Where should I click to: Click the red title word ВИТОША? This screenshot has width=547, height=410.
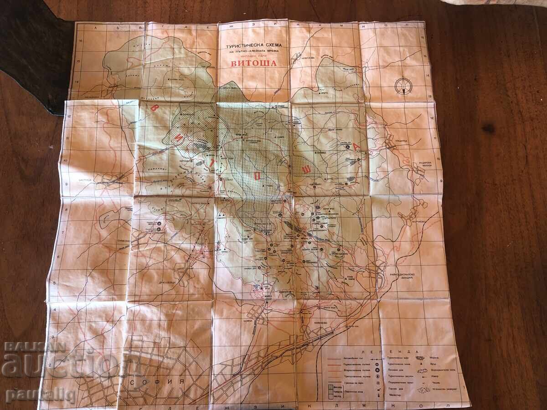(253, 63)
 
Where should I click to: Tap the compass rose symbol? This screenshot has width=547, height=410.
(403, 85)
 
